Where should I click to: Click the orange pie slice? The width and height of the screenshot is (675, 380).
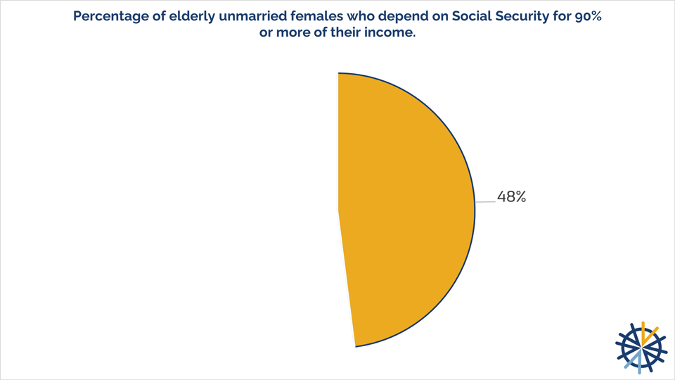401,211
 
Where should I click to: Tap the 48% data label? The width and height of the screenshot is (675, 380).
511,198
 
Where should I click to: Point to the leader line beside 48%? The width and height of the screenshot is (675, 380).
485,201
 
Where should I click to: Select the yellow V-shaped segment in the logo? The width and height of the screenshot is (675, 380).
648,334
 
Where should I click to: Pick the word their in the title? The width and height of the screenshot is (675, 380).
346,34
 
